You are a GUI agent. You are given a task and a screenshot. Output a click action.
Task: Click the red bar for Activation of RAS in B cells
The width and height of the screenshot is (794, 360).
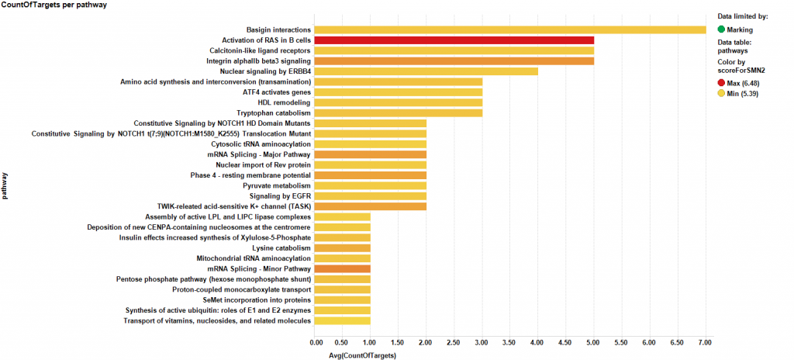pyautogui.click(x=454, y=40)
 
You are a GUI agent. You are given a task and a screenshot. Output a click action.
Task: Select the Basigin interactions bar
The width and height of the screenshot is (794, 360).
pyautogui.click(x=510, y=30)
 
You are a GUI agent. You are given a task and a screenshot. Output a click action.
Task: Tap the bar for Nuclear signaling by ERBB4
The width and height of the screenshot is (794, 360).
pyautogui.click(x=426, y=71)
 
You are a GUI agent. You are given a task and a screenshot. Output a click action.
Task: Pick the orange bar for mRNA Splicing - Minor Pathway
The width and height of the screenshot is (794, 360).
pyautogui.click(x=343, y=268)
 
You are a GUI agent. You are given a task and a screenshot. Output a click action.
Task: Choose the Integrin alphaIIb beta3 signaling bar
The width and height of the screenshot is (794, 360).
pyautogui.click(x=454, y=61)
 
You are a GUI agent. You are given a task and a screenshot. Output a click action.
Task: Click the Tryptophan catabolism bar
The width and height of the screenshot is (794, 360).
pyautogui.click(x=399, y=113)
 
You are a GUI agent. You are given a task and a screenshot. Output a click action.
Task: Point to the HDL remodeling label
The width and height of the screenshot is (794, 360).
pyautogui.click(x=284, y=102)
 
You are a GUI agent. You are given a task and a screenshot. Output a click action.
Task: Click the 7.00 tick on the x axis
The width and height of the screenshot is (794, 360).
pyautogui.click(x=705, y=341)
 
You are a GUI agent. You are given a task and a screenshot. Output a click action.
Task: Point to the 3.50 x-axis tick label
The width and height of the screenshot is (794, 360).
pyautogui.click(x=510, y=341)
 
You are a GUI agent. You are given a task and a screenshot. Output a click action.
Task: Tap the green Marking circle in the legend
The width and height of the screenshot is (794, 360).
pyautogui.click(x=722, y=29)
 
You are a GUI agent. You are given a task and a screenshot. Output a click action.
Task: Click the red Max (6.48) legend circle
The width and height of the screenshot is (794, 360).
pyautogui.click(x=722, y=82)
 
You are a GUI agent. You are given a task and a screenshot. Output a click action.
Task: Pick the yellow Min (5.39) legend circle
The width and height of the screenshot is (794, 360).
pyautogui.click(x=722, y=94)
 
